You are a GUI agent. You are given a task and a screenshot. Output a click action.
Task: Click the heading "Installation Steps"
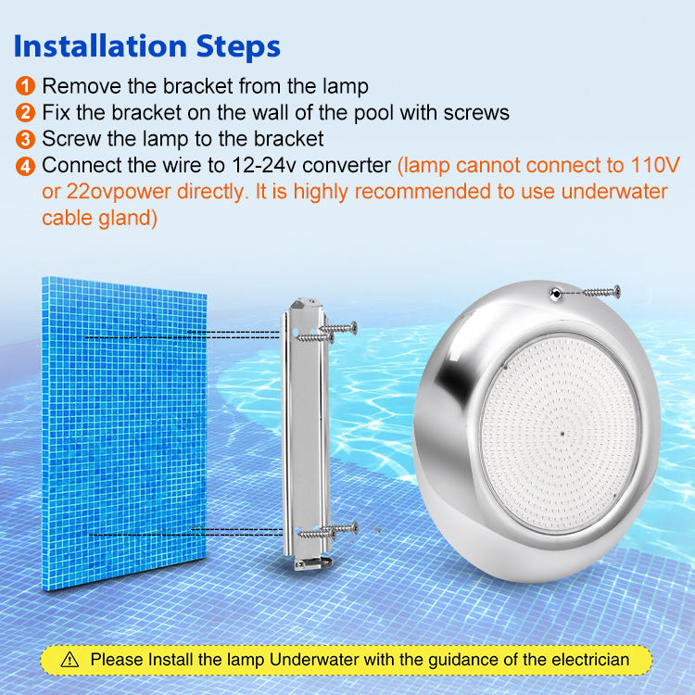tap(147, 46)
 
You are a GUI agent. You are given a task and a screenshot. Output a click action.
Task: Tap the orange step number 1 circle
tap(25, 86)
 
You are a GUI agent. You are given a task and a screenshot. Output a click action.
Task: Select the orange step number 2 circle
tap(25, 112)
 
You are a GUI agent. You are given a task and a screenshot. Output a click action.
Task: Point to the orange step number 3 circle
tap(25, 139)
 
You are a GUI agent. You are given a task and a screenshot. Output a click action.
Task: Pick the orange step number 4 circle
tap(25, 166)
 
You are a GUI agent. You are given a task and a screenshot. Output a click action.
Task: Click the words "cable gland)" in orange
tap(100, 218)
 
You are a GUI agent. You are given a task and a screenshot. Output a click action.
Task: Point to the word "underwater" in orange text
tap(614, 192)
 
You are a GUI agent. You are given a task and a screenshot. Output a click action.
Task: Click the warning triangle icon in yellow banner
tap(69, 660)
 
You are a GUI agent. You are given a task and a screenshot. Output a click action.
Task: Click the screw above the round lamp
tap(601, 291)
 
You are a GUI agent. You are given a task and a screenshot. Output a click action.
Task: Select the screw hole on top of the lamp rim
tap(555, 294)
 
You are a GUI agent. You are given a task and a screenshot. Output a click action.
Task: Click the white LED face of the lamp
tap(561, 433)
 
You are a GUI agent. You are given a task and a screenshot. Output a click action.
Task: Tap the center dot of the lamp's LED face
tap(562, 434)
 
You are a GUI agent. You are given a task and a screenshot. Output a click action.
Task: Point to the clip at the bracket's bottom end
tap(313, 562)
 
